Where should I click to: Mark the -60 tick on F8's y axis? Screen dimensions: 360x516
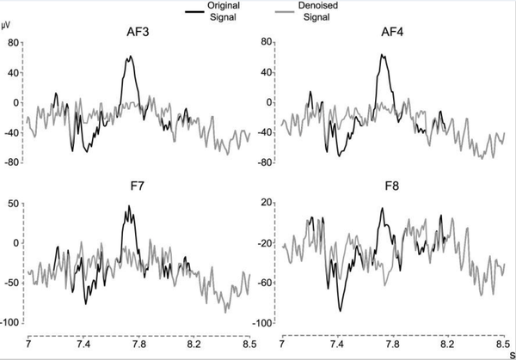click(x=267, y=283)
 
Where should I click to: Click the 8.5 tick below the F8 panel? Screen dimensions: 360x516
click(x=503, y=342)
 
